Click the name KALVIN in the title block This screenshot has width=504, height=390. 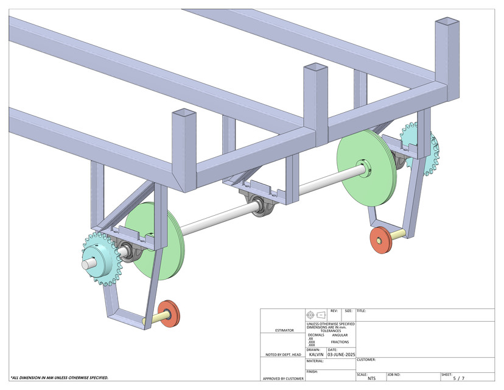[316, 354]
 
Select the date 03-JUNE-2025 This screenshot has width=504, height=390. [341, 354]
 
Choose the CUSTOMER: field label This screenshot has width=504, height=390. [366, 360]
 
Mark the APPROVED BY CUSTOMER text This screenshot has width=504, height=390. [282, 378]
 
